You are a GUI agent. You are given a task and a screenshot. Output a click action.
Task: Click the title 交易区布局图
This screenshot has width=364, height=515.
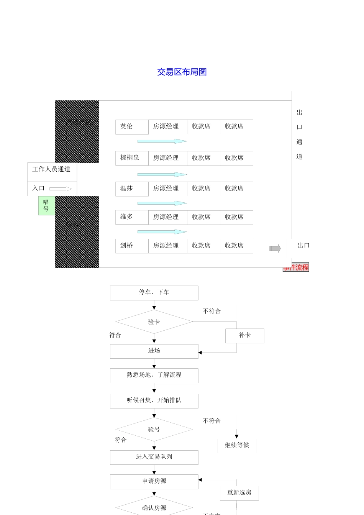click(x=182, y=72)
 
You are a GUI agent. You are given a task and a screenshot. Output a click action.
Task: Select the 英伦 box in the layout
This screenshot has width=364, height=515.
click(x=131, y=127)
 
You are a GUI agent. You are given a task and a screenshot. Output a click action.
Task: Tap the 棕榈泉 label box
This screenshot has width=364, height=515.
click(x=131, y=158)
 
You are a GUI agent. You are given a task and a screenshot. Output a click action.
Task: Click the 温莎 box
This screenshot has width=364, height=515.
click(x=131, y=189)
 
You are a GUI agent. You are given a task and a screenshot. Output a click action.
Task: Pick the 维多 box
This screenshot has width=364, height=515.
click(x=131, y=217)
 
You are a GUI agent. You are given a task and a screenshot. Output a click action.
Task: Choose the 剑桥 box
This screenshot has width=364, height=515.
click(x=131, y=246)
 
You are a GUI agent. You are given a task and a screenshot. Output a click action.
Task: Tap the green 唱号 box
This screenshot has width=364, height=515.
click(x=46, y=205)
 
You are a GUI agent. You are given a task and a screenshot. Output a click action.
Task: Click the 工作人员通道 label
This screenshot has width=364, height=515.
click(x=52, y=170)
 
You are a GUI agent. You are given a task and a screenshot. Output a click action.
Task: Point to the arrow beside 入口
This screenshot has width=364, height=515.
click(x=61, y=189)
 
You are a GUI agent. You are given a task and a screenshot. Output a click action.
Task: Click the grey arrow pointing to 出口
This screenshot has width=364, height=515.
click(x=275, y=249)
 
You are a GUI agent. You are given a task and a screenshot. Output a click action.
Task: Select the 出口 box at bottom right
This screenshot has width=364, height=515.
click(x=302, y=248)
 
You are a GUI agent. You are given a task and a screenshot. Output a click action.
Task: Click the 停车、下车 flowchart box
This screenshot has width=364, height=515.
click(x=154, y=293)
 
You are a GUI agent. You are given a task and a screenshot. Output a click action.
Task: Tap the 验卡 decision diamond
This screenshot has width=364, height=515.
click(x=154, y=322)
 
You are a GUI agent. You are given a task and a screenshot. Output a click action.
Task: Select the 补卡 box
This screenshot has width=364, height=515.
click(x=244, y=336)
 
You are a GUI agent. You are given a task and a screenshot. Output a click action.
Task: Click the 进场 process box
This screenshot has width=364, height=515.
click(x=154, y=351)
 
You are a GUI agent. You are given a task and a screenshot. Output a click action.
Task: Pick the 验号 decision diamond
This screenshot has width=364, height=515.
click(x=154, y=430)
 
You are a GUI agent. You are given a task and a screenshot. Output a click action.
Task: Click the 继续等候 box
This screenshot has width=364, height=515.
click(x=237, y=446)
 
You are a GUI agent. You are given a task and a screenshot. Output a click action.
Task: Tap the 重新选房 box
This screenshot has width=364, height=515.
click(x=239, y=493)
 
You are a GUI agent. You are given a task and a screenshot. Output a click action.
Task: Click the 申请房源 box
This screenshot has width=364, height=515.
click(x=154, y=482)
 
